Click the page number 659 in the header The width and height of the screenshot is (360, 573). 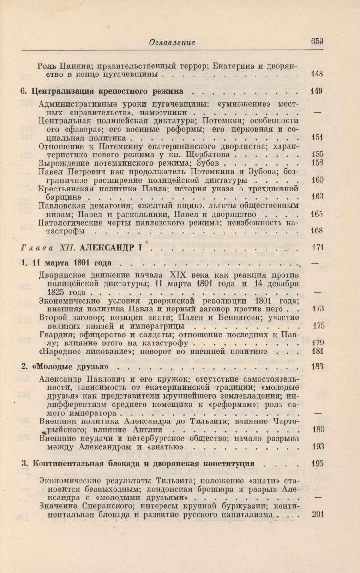point(317,42)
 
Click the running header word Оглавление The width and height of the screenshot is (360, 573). point(172,43)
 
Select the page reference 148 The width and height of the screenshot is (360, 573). point(318,75)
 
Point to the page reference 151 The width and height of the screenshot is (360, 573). point(318,138)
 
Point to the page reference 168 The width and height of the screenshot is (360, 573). point(318,231)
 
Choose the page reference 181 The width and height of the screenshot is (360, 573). point(318,352)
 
